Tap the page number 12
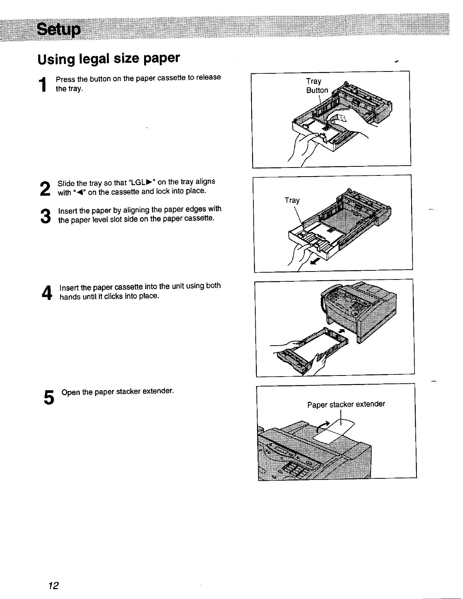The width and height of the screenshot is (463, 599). [53, 586]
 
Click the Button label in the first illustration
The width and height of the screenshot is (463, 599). [317, 90]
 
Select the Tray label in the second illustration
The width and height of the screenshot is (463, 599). [292, 200]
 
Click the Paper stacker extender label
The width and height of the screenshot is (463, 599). [346, 404]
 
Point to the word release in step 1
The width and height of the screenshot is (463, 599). [208, 77]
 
